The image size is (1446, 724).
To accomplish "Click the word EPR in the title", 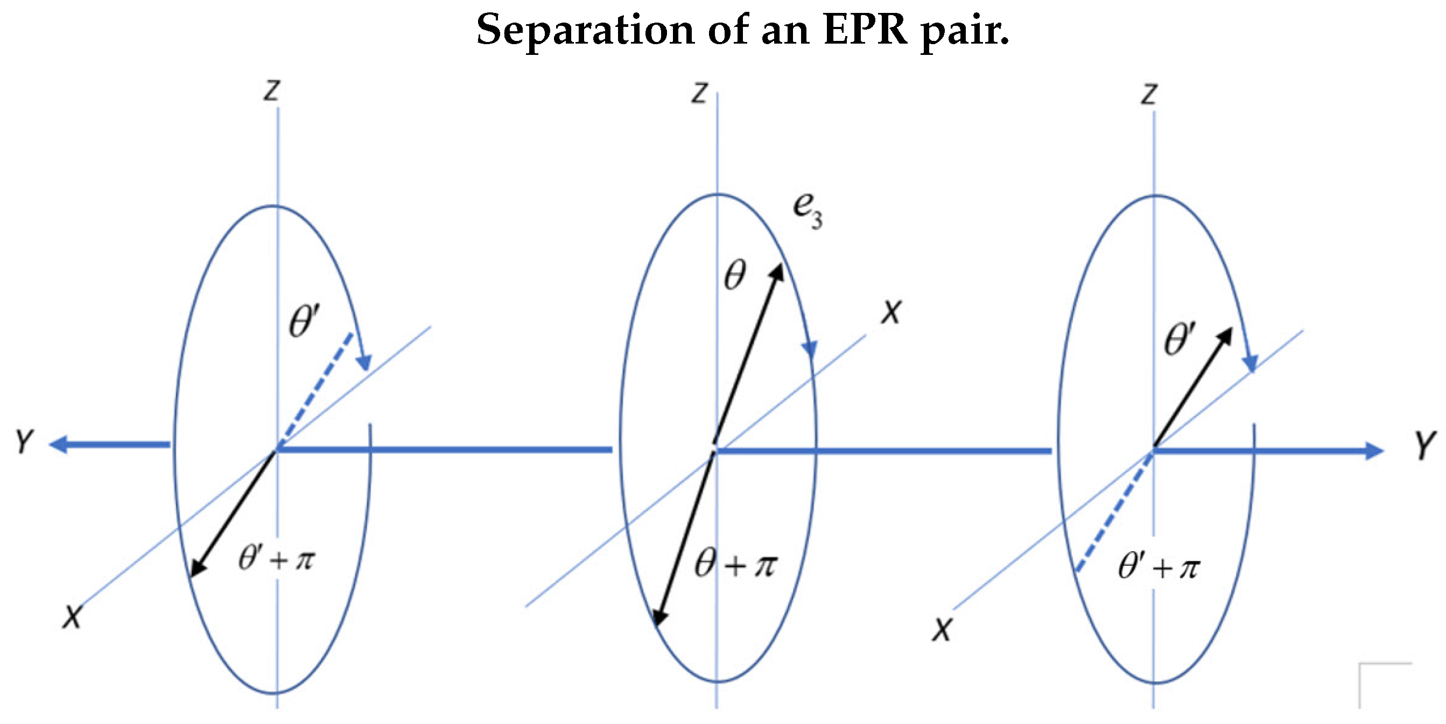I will tap(865, 29).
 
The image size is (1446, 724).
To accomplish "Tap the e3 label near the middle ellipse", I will tap(806, 210).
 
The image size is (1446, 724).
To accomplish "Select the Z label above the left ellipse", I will tap(272, 90).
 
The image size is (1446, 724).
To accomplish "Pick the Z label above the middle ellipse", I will tap(699, 93).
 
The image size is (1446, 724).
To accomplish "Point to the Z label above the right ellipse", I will tap(1148, 94).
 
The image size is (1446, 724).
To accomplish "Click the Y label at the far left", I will tap(24, 442).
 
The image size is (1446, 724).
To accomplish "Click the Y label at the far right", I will tap(1424, 445).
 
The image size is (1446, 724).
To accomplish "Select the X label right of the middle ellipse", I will tap(891, 312).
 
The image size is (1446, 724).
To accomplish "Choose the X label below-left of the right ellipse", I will tap(943, 629).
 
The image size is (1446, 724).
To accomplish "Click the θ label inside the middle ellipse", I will tap(735, 275).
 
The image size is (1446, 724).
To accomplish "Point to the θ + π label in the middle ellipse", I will tap(735, 564).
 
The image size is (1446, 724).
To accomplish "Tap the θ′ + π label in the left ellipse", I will tap(277, 559).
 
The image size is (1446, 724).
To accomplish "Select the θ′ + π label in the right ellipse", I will tap(1159, 567).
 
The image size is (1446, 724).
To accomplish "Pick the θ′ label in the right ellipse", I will tap(1180, 339).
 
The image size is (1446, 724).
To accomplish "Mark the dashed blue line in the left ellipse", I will tap(317, 387).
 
